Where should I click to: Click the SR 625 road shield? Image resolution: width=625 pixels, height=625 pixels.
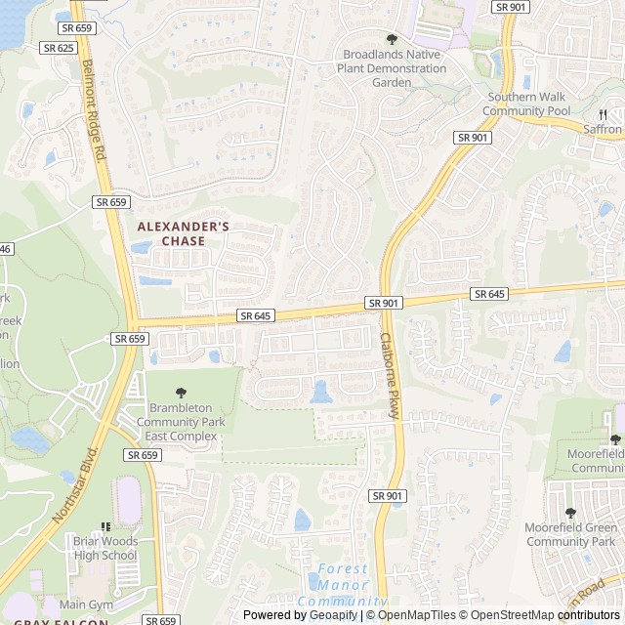click(x=59, y=47)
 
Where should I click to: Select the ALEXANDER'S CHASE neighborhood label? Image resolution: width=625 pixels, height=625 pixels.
click(x=184, y=233)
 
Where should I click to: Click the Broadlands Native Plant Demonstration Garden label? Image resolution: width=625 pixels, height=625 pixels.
click(x=392, y=68)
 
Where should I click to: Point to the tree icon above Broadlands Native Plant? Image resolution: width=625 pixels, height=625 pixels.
click(x=392, y=40)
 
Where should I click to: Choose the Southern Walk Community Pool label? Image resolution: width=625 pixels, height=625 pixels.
click(x=529, y=104)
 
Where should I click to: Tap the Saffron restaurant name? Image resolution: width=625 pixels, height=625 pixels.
click(x=603, y=129)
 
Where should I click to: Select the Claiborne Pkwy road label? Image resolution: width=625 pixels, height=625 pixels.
click(x=389, y=376)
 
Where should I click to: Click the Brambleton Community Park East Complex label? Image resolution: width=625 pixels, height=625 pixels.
click(x=182, y=422)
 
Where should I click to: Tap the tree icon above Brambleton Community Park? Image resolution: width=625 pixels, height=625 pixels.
click(x=181, y=393)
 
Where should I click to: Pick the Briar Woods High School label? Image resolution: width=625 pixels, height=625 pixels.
click(x=104, y=548)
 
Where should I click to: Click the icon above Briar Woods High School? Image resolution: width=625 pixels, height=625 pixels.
click(x=105, y=527)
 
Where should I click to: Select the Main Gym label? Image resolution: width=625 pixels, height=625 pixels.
click(x=92, y=604)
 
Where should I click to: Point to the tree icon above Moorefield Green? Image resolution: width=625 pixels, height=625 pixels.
click(x=570, y=513)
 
